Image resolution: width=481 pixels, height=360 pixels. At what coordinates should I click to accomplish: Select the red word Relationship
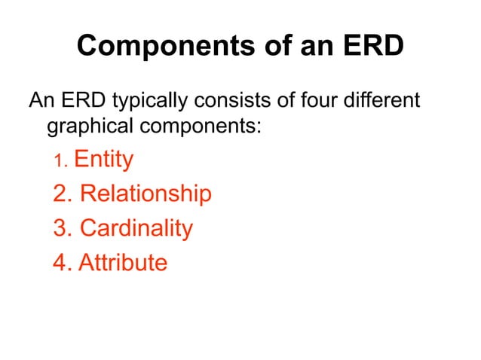click(x=145, y=194)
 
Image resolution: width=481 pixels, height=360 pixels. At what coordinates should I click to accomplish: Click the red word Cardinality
click(x=136, y=227)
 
